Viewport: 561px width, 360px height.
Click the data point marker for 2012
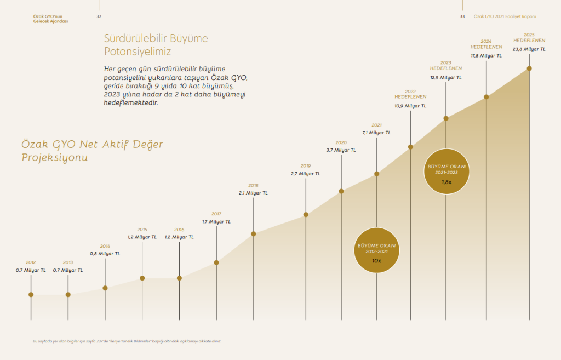[x=31, y=295]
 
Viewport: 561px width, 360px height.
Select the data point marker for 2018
[x=254, y=234]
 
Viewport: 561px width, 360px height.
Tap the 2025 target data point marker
[x=529, y=68]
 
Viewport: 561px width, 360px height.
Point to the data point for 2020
[x=341, y=191]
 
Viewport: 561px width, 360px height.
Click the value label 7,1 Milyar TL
[x=376, y=133]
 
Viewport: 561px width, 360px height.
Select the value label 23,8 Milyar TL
[x=529, y=49]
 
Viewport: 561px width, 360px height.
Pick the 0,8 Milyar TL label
[x=105, y=254]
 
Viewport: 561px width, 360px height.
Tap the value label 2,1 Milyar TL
[x=253, y=193]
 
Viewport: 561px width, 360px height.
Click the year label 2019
[x=306, y=165]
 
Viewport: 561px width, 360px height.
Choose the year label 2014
[x=105, y=246]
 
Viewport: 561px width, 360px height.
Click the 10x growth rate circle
[x=376, y=250]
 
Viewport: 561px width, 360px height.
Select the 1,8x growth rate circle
[x=446, y=171]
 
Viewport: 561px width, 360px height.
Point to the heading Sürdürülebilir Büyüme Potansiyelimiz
[x=156, y=45]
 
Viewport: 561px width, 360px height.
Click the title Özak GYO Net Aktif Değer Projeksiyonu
[x=92, y=150]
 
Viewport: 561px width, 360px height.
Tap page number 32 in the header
[x=99, y=16]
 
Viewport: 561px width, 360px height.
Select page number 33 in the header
[x=462, y=16]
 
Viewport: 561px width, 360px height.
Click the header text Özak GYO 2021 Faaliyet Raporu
[x=505, y=16]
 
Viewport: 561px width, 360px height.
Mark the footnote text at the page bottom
[x=127, y=341]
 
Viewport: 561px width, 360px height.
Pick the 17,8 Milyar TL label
[x=486, y=56]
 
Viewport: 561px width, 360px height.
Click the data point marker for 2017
[x=216, y=262]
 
